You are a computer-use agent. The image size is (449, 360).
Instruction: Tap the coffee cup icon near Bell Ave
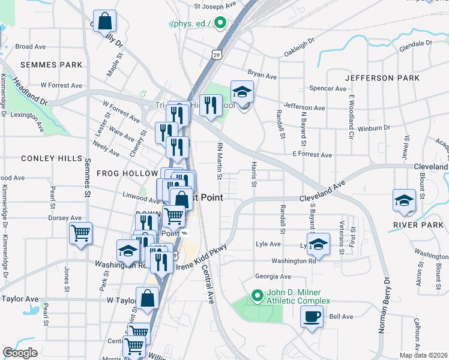[312, 316]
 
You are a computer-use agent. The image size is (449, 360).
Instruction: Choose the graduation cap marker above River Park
[404, 200]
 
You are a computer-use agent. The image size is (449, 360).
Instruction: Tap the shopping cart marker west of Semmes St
[80, 232]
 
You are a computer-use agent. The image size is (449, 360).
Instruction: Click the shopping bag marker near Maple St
[104, 22]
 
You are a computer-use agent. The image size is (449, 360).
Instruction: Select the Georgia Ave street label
[273, 277]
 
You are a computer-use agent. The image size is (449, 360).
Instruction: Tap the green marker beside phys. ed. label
[220, 24]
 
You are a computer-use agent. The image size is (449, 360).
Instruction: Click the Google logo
[20, 353]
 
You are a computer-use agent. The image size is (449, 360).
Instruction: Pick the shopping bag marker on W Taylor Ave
[147, 298]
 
